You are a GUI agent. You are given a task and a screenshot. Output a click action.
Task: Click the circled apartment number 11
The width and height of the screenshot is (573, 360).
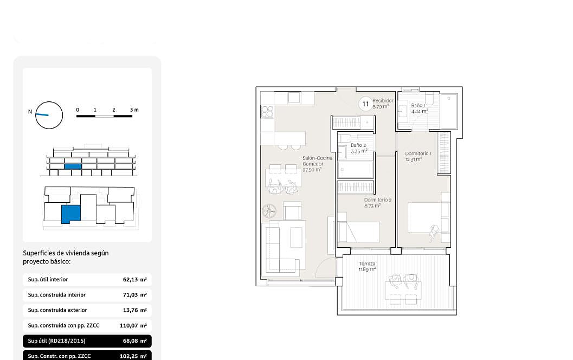[x=365, y=104]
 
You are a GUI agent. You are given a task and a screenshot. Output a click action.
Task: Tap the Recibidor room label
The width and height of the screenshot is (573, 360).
[x=383, y=100]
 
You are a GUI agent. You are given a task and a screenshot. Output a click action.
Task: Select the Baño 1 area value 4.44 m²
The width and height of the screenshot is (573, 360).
[x=420, y=112]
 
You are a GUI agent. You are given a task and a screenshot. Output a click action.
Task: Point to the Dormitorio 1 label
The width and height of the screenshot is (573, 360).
[x=418, y=153]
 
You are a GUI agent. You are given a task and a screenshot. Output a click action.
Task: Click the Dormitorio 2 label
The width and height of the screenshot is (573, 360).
[x=378, y=200]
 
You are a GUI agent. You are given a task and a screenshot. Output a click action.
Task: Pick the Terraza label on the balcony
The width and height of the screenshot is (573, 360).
[x=367, y=263]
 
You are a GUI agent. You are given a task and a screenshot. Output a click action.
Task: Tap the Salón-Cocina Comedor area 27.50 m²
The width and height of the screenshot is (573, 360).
[x=312, y=170]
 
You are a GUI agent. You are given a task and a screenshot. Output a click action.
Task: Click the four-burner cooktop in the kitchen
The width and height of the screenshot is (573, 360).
[x=267, y=112]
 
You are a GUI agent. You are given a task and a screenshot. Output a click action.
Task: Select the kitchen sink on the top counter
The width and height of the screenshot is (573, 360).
[x=294, y=98]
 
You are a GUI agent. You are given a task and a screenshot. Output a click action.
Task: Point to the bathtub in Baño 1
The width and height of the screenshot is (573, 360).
[x=449, y=111]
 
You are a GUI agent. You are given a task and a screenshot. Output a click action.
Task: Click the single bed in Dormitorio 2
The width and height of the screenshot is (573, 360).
[x=359, y=232]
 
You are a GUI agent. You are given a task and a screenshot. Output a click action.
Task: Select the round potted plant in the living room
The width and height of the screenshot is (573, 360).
[x=269, y=210]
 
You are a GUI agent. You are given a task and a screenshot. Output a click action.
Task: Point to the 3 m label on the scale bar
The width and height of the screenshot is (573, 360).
[x=134, y=110]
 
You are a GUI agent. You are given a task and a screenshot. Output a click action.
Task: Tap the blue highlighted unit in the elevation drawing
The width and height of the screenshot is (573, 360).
[x=73, y=166]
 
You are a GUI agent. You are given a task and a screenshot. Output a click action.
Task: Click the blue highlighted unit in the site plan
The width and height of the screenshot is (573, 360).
[x=70, y=214]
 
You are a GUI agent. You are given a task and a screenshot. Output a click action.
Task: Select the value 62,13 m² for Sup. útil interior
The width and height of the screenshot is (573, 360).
[x=135, y=280]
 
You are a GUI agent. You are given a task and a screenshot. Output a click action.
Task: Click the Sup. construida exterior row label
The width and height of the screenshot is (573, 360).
[x=57, y=310]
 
